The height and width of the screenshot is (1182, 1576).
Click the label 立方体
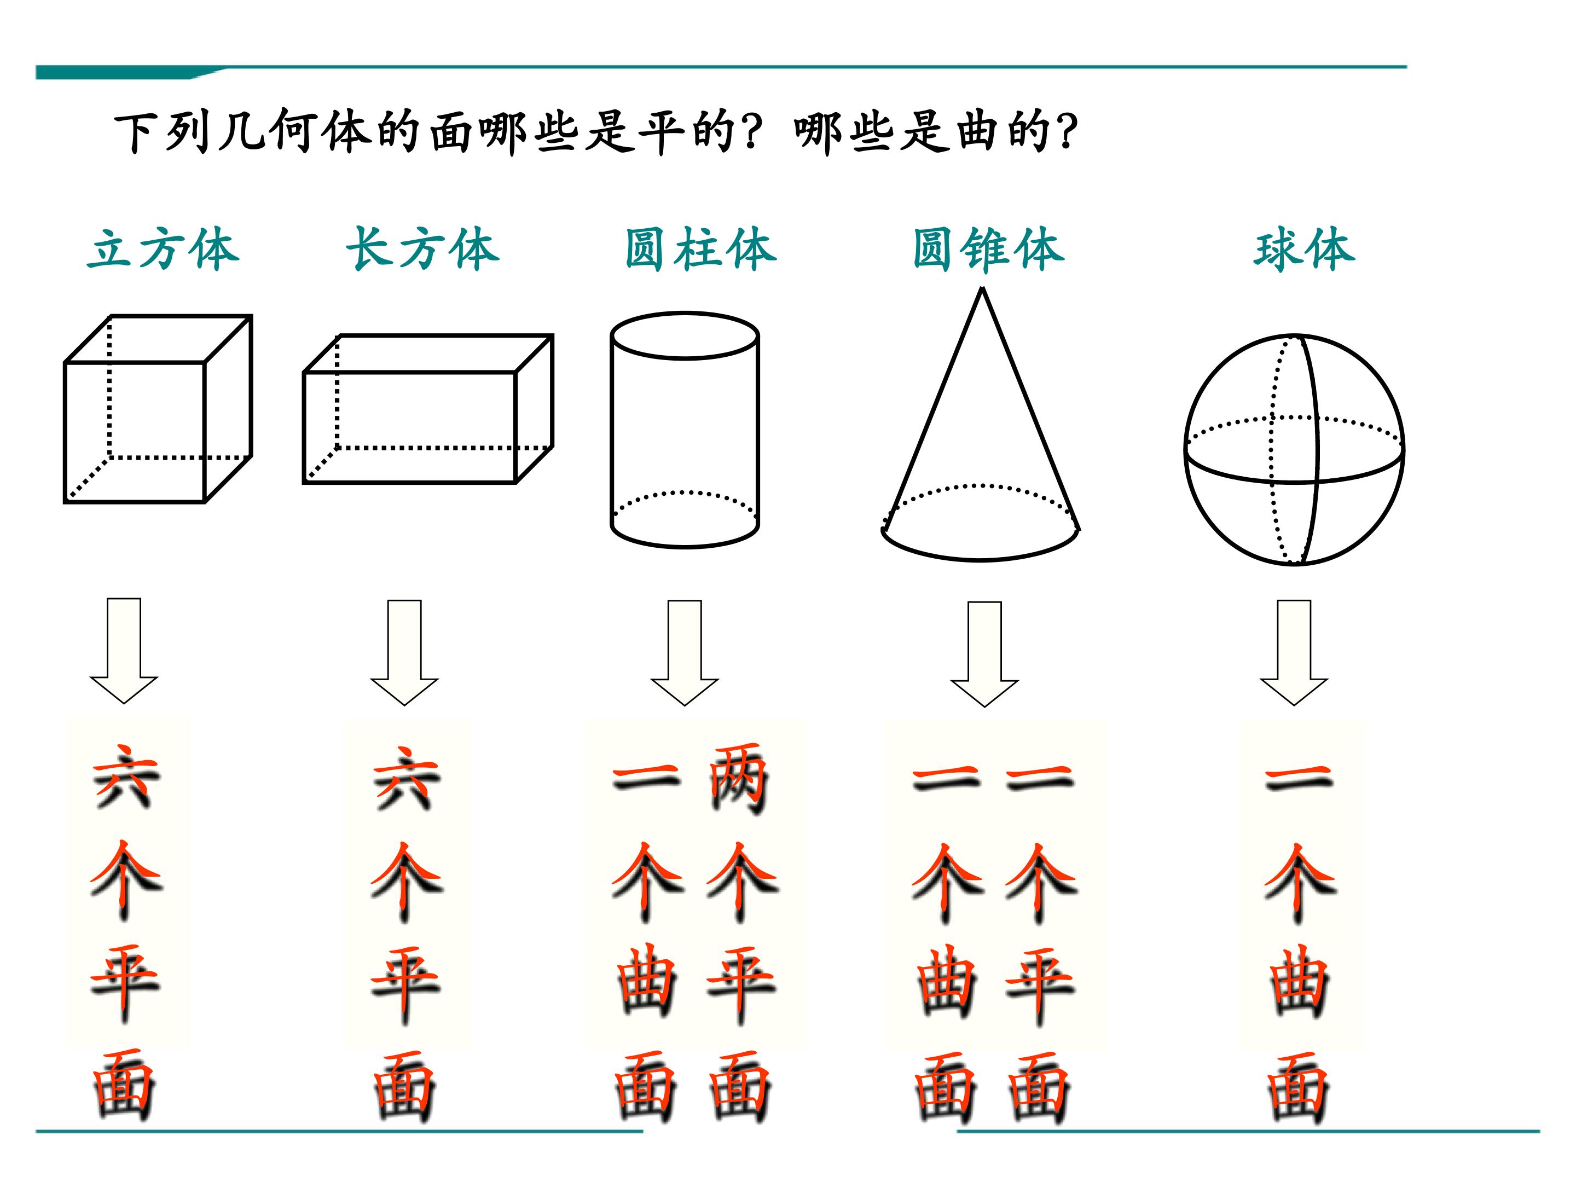(163, 250)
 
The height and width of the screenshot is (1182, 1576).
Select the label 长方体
(422, 250)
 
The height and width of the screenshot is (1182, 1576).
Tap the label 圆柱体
(701, 250)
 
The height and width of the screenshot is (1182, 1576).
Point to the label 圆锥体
(989, 250)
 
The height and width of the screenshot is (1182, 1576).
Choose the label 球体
(1305, 250)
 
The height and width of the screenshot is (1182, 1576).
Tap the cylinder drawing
(685, 430)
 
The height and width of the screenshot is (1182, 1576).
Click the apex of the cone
(982, 288)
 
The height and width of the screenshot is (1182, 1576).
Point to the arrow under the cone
(984, 654)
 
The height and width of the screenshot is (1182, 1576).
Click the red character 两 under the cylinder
(739, 779)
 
